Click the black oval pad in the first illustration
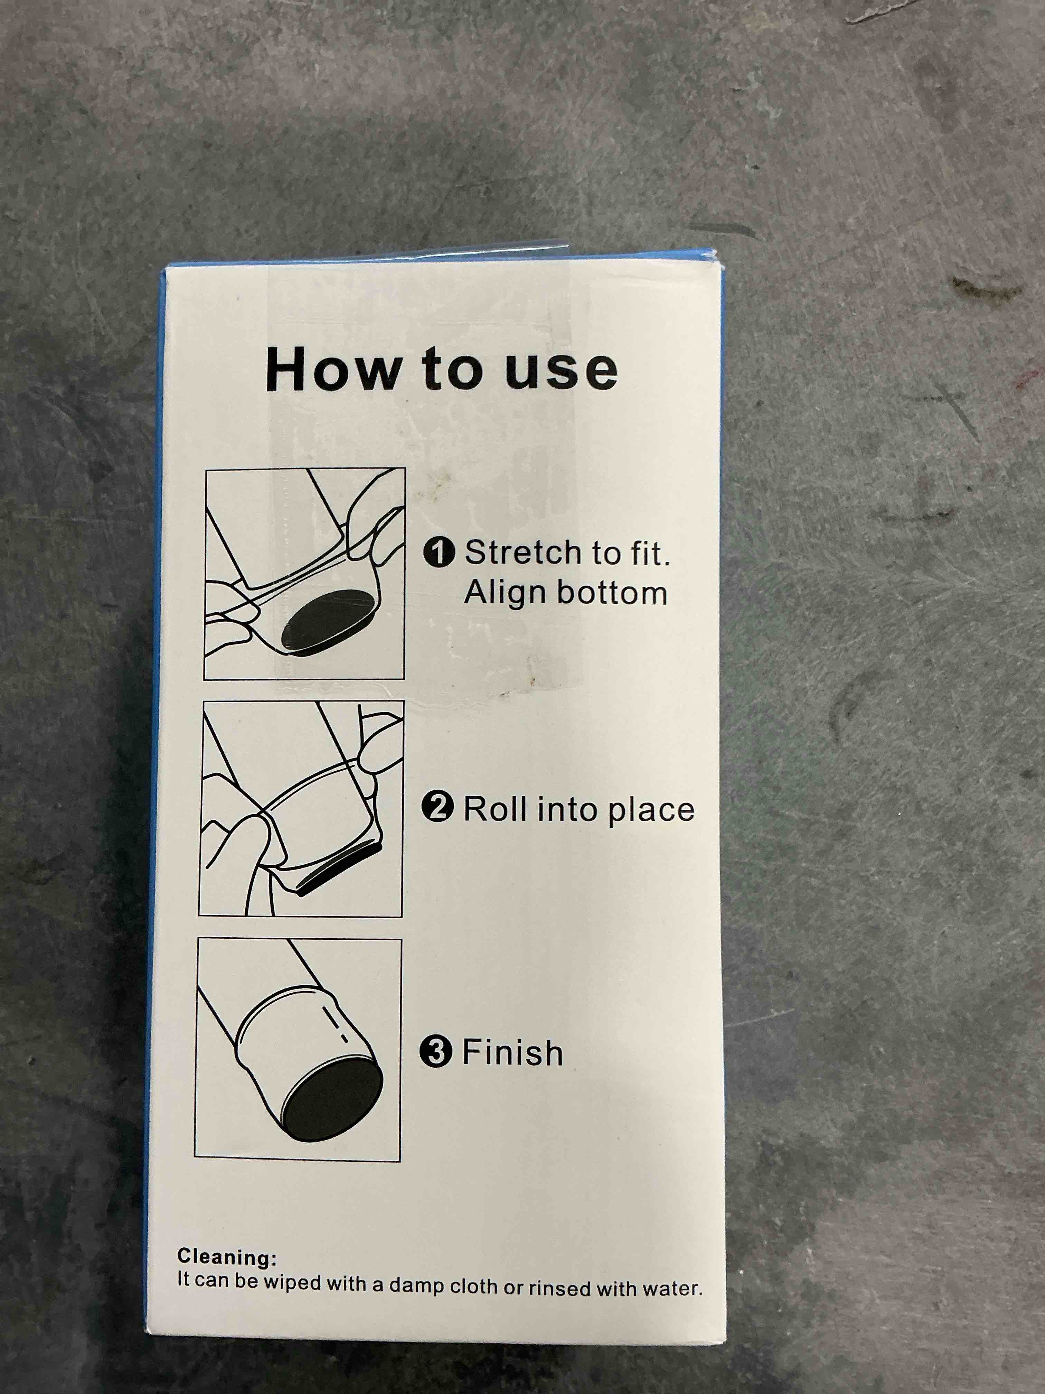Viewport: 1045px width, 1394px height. (328, 620)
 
